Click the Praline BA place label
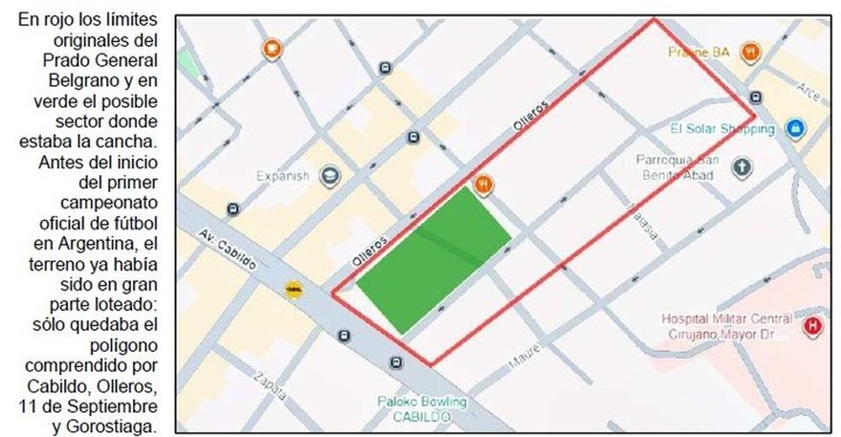698,52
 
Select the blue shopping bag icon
793,129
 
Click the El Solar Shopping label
722,130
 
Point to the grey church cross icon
742,168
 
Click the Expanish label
283,176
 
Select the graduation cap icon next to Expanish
330,176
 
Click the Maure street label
521,362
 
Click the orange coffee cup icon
272,49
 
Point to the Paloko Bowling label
421,402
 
